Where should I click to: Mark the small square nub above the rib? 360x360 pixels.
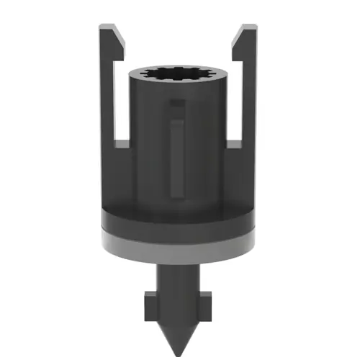[x=177, y=108]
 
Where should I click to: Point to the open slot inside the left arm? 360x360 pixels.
[x=122, y=101]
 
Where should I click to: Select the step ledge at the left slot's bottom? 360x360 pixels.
[x=122, y=145]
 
